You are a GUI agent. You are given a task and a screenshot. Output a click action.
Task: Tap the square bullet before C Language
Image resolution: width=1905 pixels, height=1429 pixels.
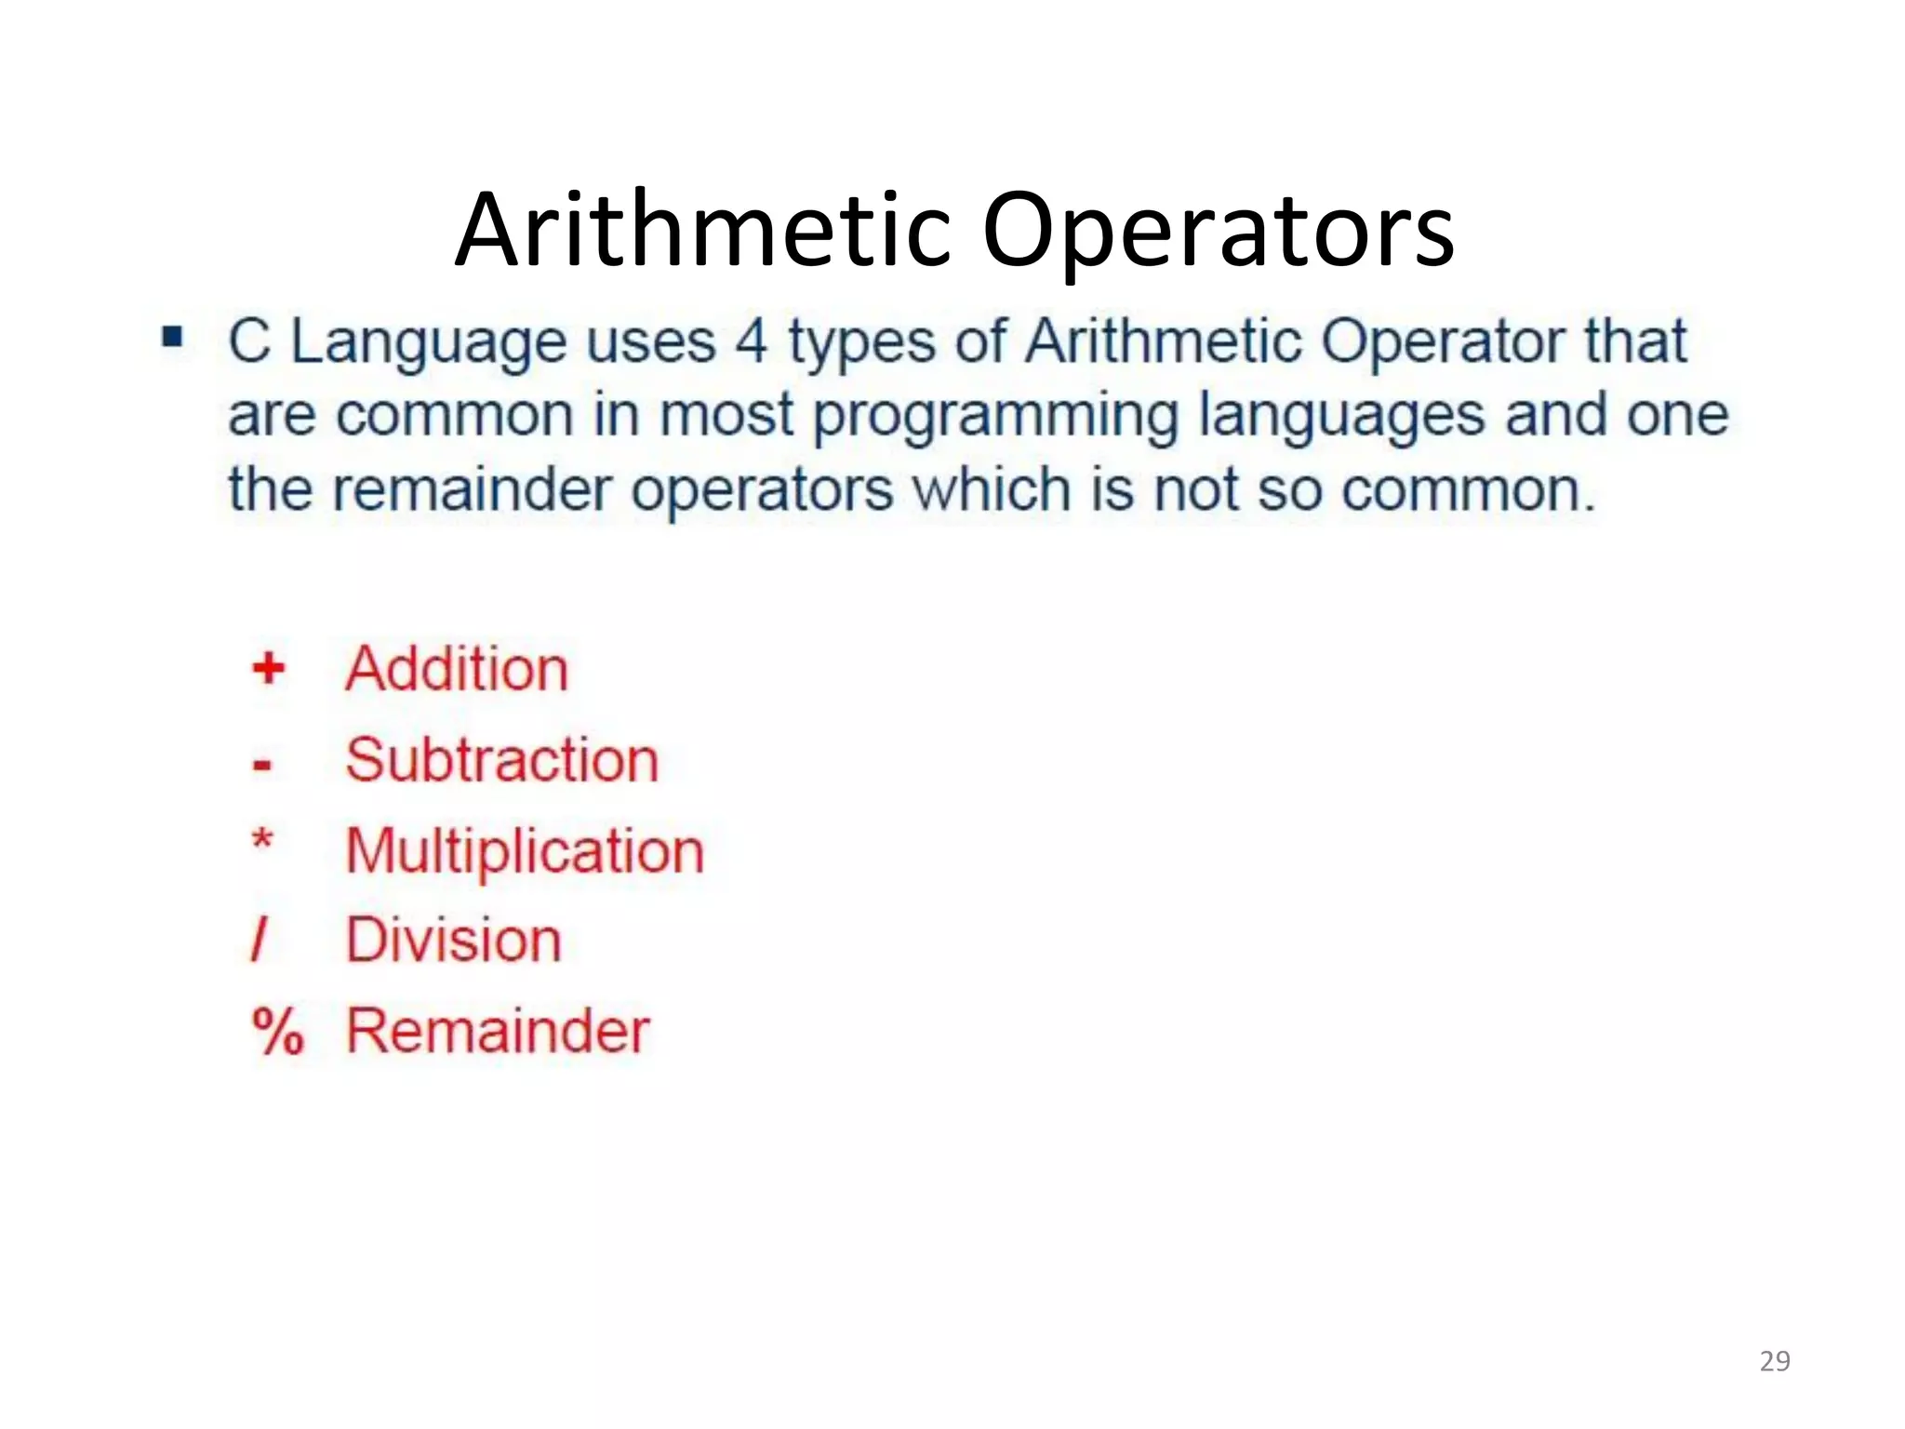click(x=172, y=336)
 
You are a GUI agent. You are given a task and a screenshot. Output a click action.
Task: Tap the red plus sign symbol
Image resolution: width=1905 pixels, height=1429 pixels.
click(x=269, y=668)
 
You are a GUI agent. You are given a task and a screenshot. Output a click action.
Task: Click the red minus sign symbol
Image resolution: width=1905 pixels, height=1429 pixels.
click(x=262, y=766)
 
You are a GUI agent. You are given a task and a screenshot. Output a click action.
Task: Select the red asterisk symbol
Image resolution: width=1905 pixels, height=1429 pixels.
click(x=262, y=841)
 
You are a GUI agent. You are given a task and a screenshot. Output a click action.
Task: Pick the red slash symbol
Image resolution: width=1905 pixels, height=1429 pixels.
click(x=260, y=940)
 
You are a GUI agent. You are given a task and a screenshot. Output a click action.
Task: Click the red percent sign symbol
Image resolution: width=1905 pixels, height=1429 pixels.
click(x=277, y=1031)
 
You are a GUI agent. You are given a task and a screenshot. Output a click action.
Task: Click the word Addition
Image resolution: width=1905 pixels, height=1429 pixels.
click(x=456, y=668)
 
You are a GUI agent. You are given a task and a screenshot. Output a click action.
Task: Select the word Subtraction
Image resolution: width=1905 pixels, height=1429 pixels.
click(x=501, y=759)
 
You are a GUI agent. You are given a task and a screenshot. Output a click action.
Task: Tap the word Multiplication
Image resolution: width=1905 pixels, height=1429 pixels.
click(x=525, y=851)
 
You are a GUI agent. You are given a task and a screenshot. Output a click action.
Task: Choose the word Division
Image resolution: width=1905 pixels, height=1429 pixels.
click(x=454, y=940)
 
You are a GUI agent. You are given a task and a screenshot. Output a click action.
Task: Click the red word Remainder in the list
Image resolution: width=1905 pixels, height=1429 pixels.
click(x=498, y=1031)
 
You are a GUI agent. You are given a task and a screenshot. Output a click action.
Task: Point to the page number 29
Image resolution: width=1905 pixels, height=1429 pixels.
click(x=1775, y=1361)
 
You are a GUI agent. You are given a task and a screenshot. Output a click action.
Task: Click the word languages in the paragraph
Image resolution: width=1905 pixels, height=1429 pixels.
click(x=1341, y=417)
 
